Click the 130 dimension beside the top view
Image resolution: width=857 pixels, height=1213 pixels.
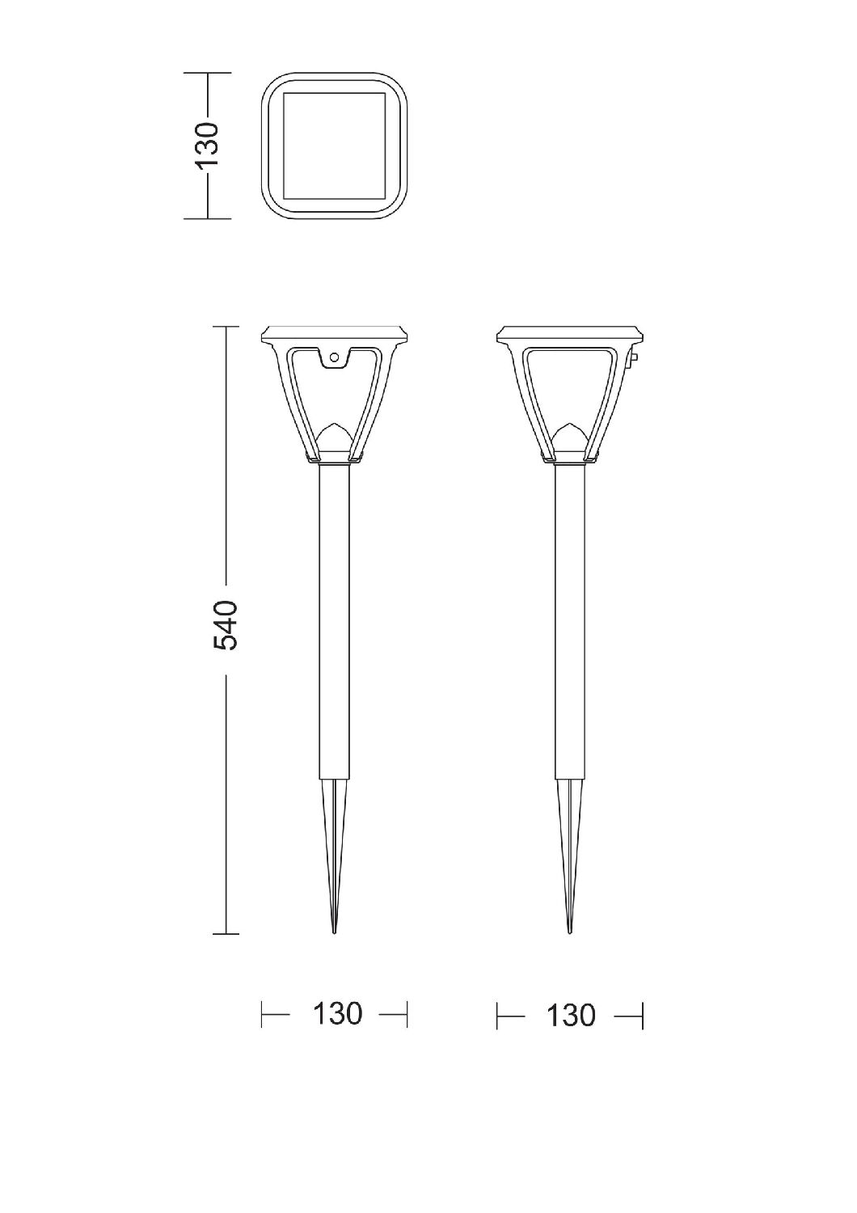207,145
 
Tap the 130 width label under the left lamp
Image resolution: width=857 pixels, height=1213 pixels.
337,1014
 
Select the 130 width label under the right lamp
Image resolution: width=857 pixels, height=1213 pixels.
571,1016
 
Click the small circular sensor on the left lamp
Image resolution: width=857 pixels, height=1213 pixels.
335,357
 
